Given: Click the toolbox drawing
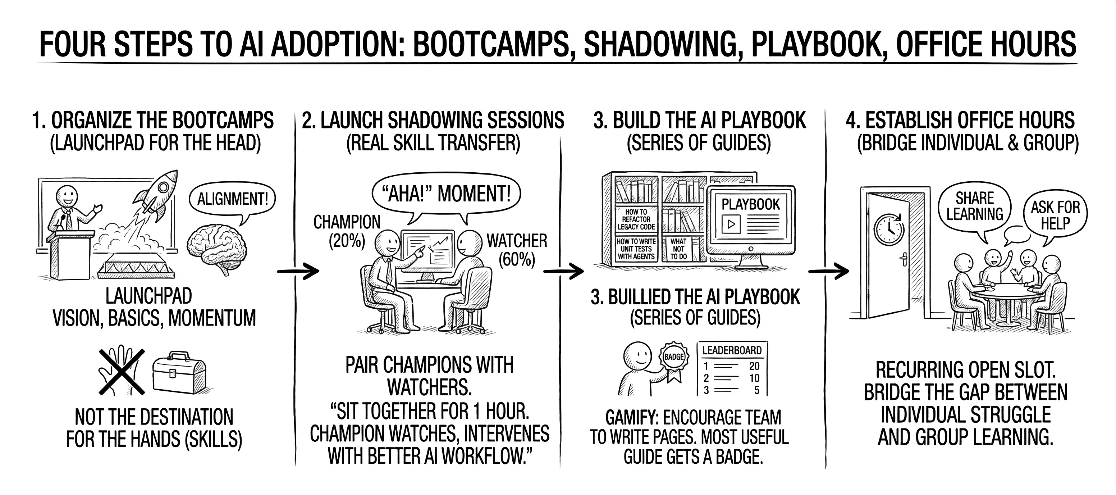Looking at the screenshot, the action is pyautogui.click(x=179, y=372).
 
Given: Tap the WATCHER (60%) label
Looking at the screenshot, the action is pyautogui.click(x=517, y=249).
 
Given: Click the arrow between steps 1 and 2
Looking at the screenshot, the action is pyautogui.click(x=298, y=271).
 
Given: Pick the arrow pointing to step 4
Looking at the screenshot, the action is pyautogui.click(x=828, y=271).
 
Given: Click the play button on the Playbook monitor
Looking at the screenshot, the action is pyautogui.click(x=731, y=224).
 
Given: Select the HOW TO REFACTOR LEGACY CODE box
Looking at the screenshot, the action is pyautogui.click(x=636, y=219).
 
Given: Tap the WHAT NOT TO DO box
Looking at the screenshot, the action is pyautogui.click(x=678, y=249).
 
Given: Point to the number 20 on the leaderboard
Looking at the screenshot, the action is pyautogui.click(x=754, y=366).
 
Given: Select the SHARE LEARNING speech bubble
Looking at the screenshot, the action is pyautogui.click(x=974, y=207).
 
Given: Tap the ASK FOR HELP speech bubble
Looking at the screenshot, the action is pyautogui.click(x=1055, y=215).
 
